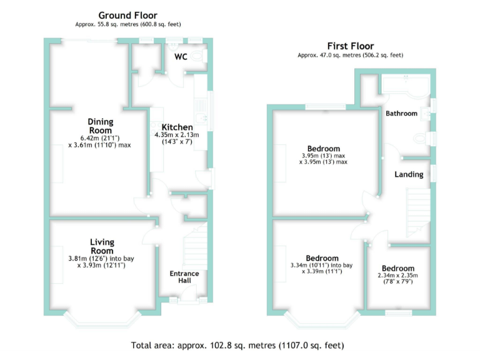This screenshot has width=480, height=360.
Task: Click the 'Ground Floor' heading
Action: tap(128, 15)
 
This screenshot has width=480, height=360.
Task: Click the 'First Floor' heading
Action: tap(350, 46)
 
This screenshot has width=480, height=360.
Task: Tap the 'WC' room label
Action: tap(181, 57)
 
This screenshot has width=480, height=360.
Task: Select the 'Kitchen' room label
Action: tap(177, 127)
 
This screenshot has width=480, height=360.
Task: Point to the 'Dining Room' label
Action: tap(100, 126)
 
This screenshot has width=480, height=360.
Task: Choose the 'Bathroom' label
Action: tap(401, 114)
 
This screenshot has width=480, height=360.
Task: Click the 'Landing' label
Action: tap(408, 174)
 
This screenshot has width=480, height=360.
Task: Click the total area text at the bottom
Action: tap(237, 345)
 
